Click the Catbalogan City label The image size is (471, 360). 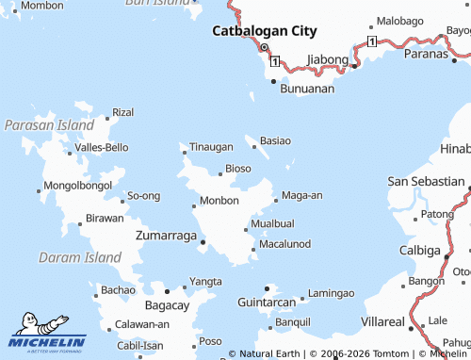pyautogui.click(x=264, y=30)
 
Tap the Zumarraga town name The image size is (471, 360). pyautogui.click(x=166, y=235)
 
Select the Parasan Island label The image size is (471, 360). pyautogui.click(x=49, y=124)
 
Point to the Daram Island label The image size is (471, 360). pyautogui.click(x=80, y=256)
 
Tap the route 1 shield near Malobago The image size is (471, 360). pyautogui.click(x=372, y=42)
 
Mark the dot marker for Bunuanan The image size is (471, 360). pyautogui.click(x=274, y=81)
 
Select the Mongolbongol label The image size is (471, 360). pyautogui.click(x=78, y=185)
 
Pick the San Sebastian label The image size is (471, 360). pyautogui.click(x=425, y=181)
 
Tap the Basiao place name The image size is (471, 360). pyautogui.click(x=275, y=140)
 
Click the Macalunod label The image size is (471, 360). pyautogui.click(x=284, y=244)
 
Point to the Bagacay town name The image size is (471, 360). pyautogui.click(x=168, y=305)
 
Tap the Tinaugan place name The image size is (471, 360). pyautogui.click(x=212, y=147)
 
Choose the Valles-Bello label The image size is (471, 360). pyautogui.click(x=102, y=147)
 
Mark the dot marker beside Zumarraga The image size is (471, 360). pyautogui.click(x=203, y=242)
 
